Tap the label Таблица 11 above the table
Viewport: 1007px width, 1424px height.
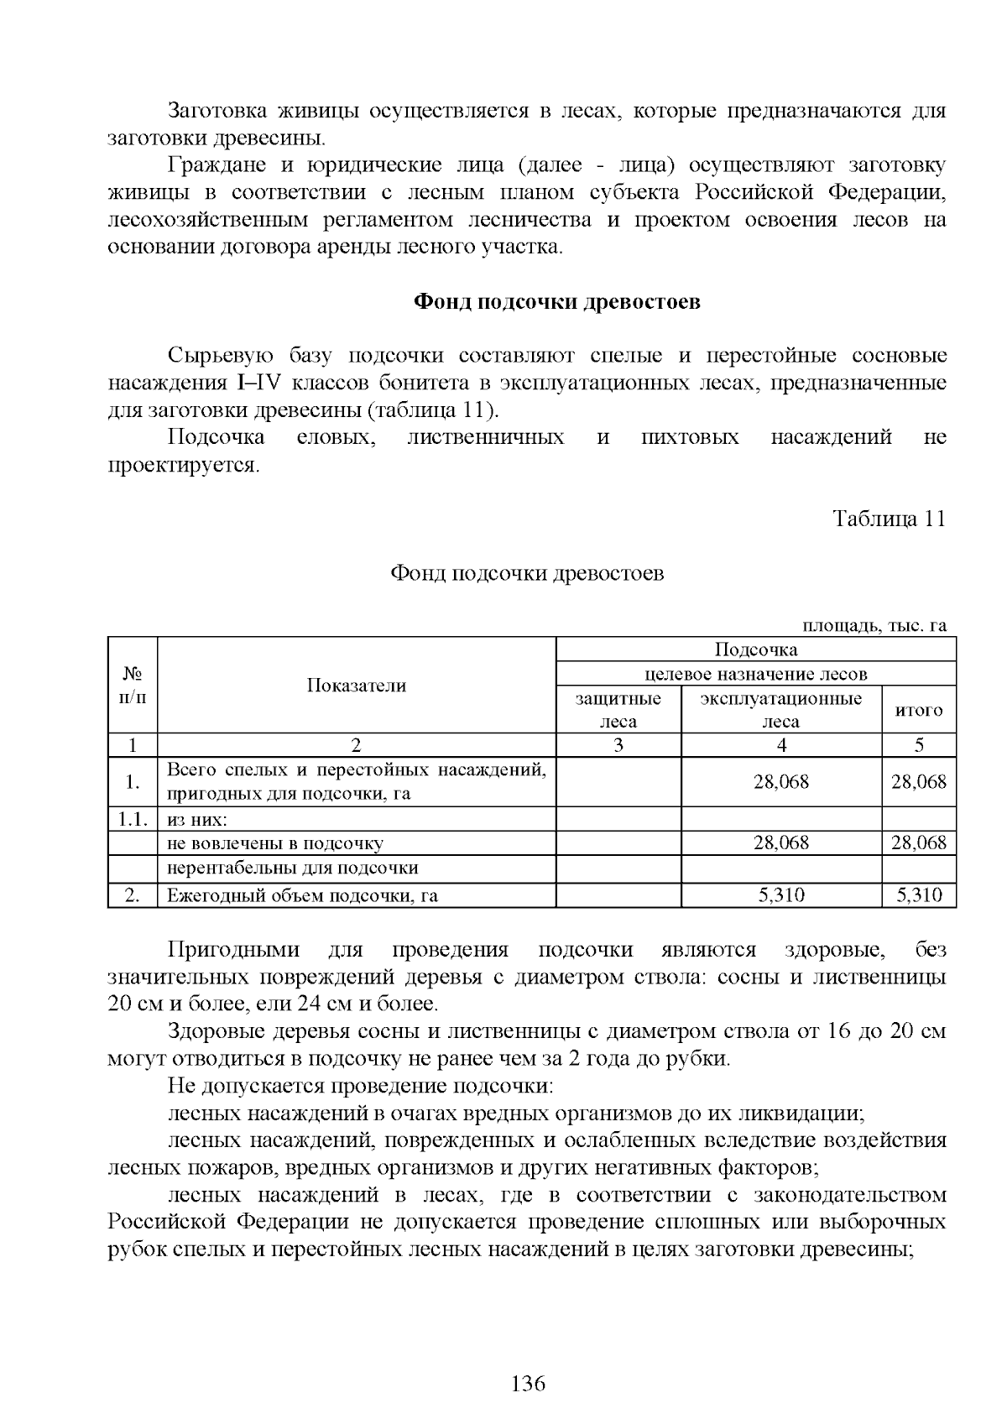click(x=889, y=519)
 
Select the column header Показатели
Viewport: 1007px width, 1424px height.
click(x=357, y=686)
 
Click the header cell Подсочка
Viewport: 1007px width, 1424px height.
click(x=755, y=649)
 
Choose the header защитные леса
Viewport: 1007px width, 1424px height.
click(x=618, y=710)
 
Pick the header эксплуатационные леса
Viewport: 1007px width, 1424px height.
click(x=780, y=710)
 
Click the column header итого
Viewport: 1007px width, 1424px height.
click(x=919, y=710)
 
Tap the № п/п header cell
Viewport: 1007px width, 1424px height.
click(x=133, y=686)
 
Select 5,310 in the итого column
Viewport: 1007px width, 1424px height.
click(x=919, y=895)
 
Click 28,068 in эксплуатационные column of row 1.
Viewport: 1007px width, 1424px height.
click(x=780, y=782)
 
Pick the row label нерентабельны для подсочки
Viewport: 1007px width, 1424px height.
click(x=292, y=868)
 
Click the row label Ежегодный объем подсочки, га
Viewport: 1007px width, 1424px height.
click(x=302, y=895)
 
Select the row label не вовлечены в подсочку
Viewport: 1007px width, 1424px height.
click(x=275, y=843)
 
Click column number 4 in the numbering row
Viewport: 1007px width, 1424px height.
click(x=780, y=745)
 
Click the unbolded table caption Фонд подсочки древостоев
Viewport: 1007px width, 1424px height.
click(x=527, y=573)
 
